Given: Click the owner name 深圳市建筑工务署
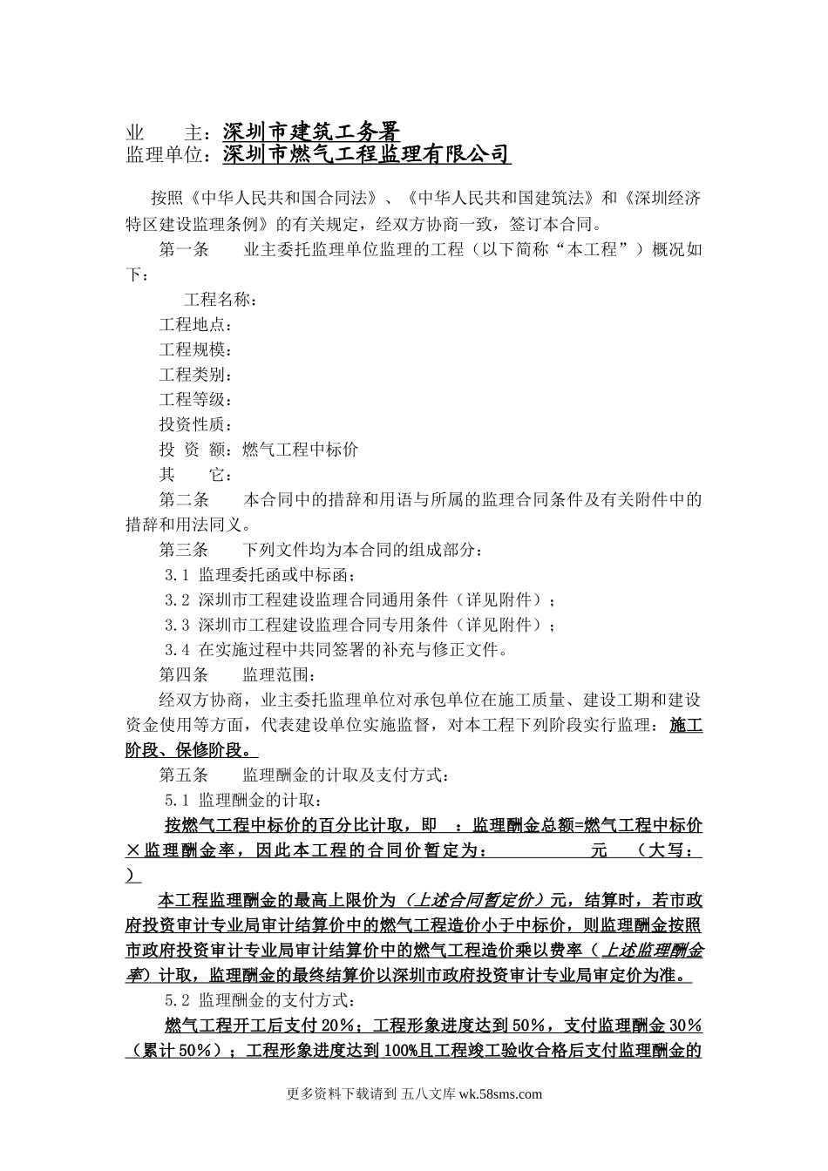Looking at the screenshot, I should tap(311, 132).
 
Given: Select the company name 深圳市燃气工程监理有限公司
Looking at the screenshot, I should tap(366, 154).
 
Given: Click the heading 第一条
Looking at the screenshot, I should tap(184, 250).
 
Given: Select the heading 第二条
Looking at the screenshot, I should tap(184, 500).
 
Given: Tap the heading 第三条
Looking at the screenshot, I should tap(184, 550).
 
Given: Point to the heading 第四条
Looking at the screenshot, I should tap(184, 674).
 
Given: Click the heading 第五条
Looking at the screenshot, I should tap(184, 775).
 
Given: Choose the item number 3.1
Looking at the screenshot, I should tap(177, 575).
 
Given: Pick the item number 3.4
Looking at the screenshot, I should tap(177, 650).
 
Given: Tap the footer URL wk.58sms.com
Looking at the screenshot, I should tap(499, 1095).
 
